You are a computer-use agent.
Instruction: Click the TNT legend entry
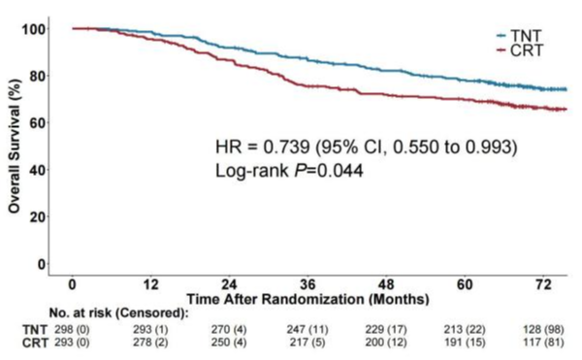(520, 36)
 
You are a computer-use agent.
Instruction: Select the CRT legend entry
(520, 50)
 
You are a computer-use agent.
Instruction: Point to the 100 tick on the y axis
(34, 29)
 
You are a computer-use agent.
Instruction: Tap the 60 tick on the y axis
(38, 123)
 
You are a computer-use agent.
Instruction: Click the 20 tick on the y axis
(38, 216)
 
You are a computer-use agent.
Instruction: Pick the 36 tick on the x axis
(307, 284)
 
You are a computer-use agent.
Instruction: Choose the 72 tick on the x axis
(543, 284)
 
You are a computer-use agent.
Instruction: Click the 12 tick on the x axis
(150, 284)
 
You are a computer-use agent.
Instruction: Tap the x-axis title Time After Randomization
(307, 299)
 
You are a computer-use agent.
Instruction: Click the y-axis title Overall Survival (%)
(15, 147)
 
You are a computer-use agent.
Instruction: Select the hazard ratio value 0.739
(286, 147)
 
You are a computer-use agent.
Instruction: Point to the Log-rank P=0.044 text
(289, 171)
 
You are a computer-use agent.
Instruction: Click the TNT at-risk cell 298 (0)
(72, 329)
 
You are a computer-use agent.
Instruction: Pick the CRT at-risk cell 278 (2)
(150, 342)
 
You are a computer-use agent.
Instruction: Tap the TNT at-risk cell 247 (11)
(307, 329)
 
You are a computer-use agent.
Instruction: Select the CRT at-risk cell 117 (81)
(543, 342)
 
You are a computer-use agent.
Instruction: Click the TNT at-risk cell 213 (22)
(465, 329)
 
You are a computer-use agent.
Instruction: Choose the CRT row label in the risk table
(35, 343)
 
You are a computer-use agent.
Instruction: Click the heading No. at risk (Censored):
(118, 313)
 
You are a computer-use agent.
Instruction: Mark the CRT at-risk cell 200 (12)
(386, 342)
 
